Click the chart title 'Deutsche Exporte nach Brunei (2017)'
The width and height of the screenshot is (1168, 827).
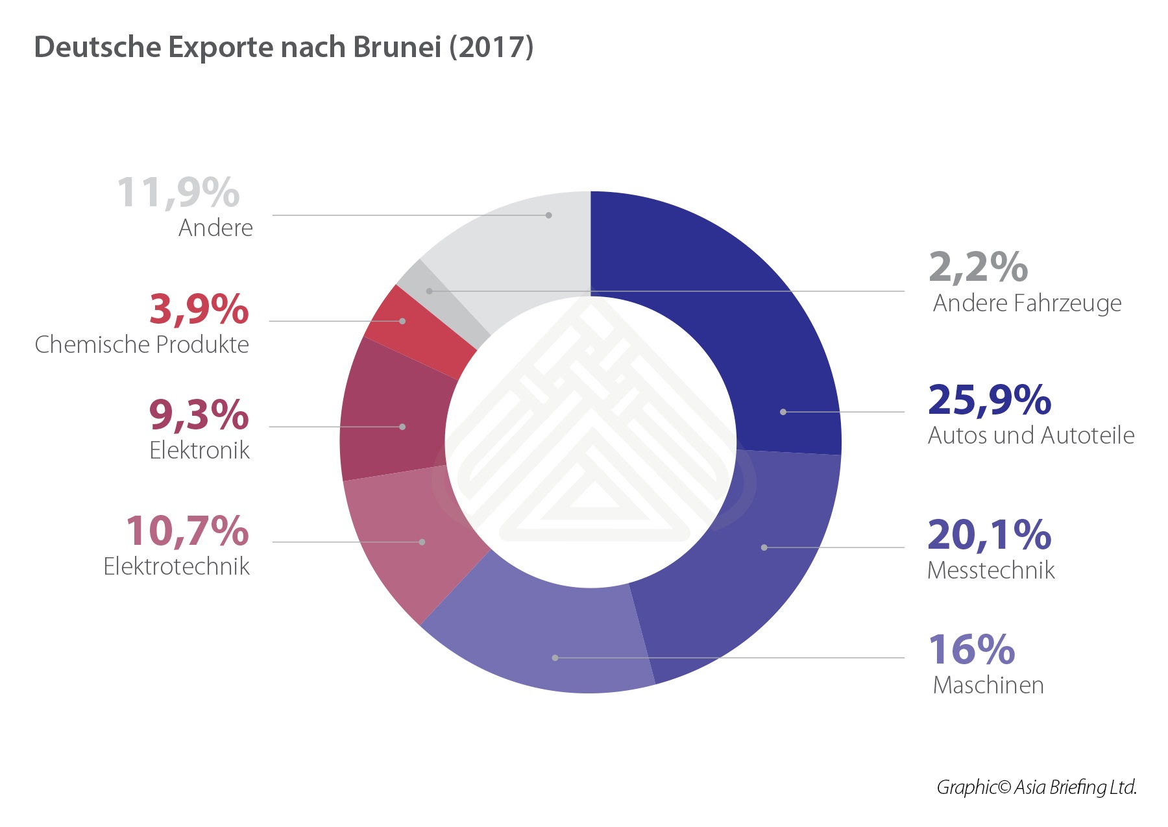pos(284,47)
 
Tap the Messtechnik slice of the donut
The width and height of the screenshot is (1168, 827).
pos(759,571)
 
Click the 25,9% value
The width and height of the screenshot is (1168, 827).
pos(989,400)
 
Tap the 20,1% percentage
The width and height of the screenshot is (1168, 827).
pos(989,535)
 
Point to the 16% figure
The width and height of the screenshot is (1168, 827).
pos(971,650)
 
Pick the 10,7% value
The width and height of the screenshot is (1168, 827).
pos(187,531)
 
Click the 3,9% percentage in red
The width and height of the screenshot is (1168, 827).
pos(199,309)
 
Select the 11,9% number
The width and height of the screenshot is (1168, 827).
pos(178,193)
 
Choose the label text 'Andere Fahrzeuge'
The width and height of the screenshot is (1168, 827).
pos(1027,304)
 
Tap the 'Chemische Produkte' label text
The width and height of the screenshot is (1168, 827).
pos(141,344)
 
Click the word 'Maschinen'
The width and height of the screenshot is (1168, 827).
pos(988,686)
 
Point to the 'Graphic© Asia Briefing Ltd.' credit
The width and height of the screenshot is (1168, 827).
pos(1036,787)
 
